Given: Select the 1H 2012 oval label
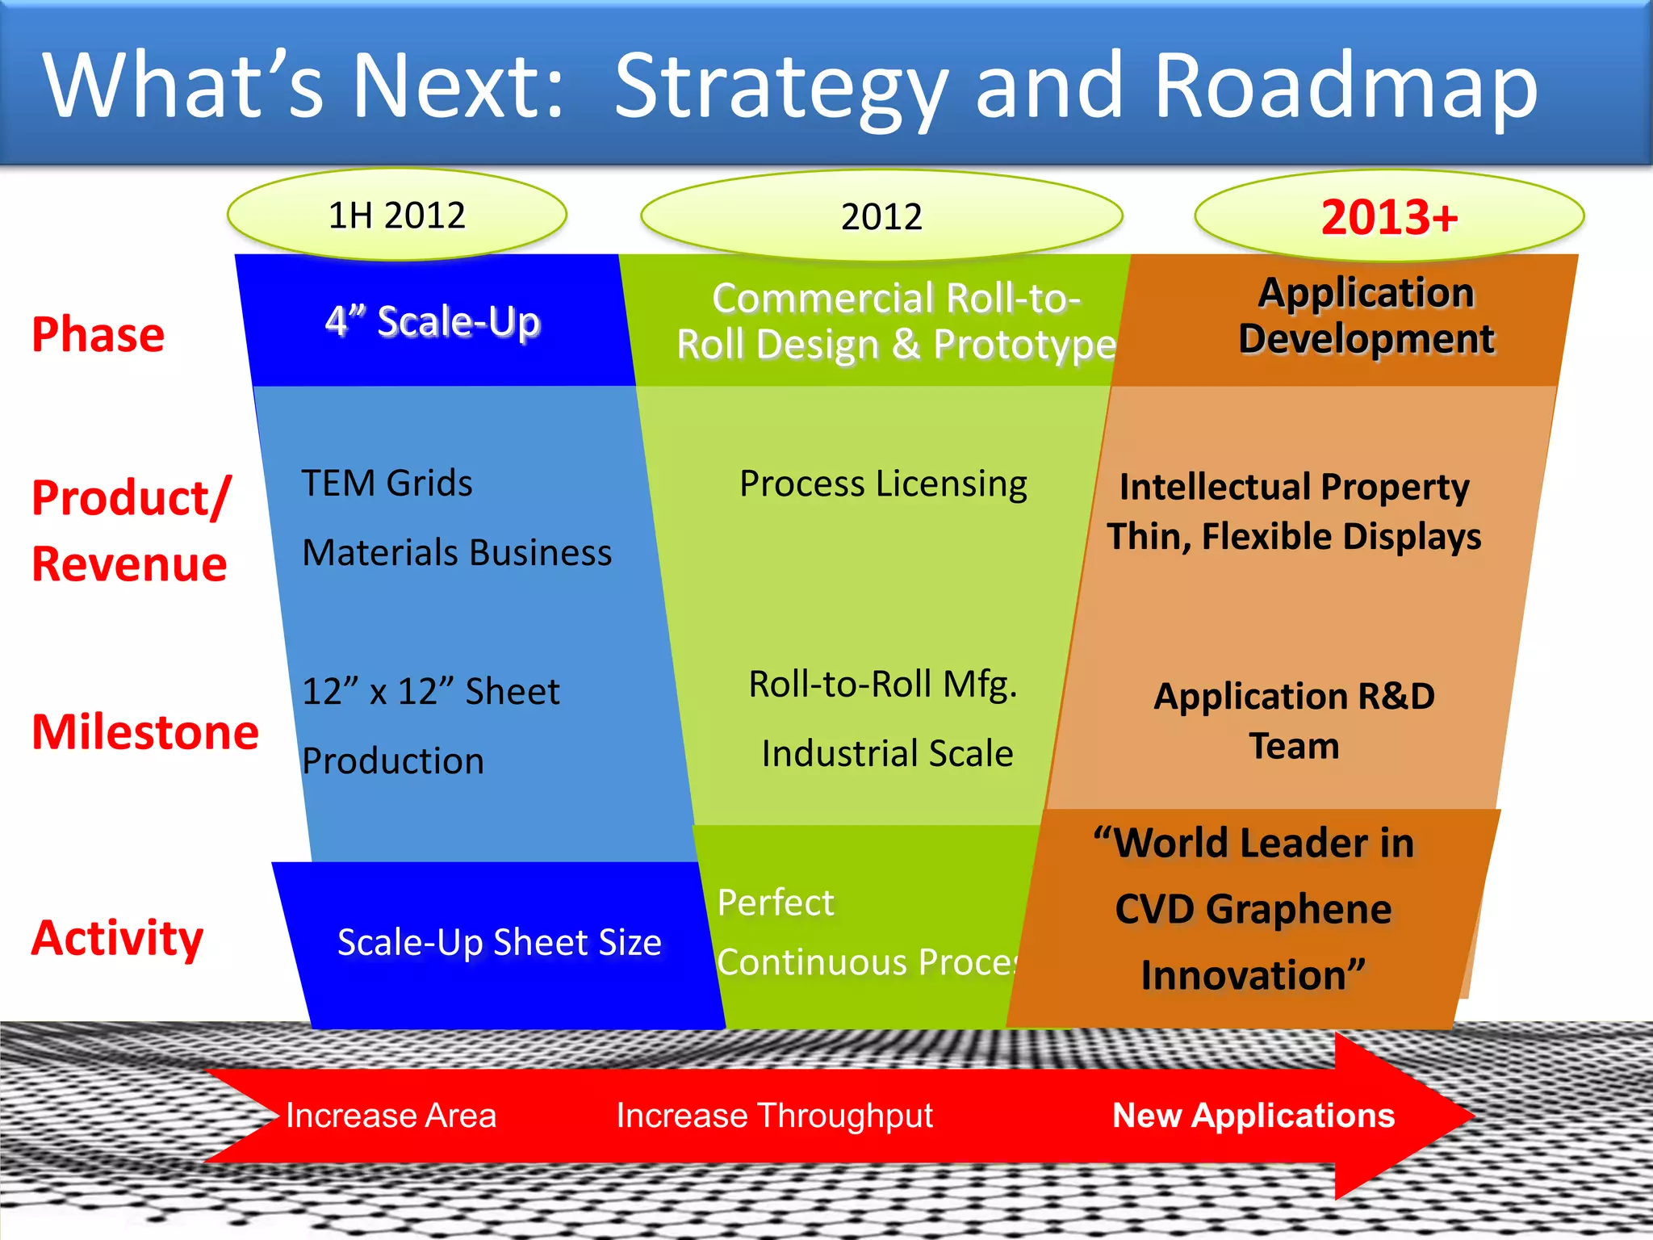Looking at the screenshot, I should [x=396, y=216].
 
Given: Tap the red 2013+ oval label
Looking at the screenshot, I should [x=1389, y=217].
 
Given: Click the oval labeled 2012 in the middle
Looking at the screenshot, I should [x=881, y=217].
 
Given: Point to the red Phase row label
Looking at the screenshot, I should [x=98, y=334].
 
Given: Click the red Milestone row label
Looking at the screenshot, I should [x=145, y=732].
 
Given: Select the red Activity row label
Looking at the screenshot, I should [x=118, y=938].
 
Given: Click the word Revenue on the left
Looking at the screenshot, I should [x=129, y=563].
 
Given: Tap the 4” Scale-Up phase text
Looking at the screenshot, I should [x=433, y=321].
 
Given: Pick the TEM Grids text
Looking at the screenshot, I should [x=387, y=484].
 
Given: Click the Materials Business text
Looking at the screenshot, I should [x=457, y=553].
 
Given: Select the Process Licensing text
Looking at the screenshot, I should [x=883, y=484].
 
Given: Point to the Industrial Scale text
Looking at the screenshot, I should [x=887, y=753].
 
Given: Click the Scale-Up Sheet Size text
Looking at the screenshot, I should [x=499, y=942].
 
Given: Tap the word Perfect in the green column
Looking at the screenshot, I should [x=775, y=903].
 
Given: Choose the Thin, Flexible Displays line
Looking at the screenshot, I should [x=1294, y=537].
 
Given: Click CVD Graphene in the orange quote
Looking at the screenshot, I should [x=1253, y=909].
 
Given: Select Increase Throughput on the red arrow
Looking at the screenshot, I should [x=774, y=1116].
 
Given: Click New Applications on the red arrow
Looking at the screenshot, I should [x=1253, y=1116].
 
